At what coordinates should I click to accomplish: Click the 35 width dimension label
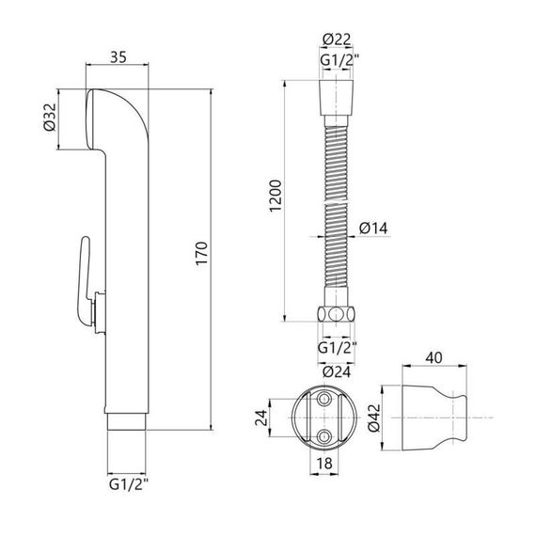(x=118, y=57)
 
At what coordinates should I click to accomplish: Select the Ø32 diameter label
(x=50, y=118)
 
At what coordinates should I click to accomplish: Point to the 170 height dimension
(x=202, y=253)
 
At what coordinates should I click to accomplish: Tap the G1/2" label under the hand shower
(x=129, y=484)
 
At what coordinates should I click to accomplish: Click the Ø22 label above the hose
(x=337, y=39)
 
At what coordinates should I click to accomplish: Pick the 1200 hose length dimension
(x=276, y=197)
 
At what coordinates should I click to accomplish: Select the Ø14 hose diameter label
(x=373, y=229)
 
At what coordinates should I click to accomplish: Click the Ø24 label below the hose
(x=337, y=371)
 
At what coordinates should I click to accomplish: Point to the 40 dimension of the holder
(x=434, y=358)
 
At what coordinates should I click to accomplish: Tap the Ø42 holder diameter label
(x=374, y=418)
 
